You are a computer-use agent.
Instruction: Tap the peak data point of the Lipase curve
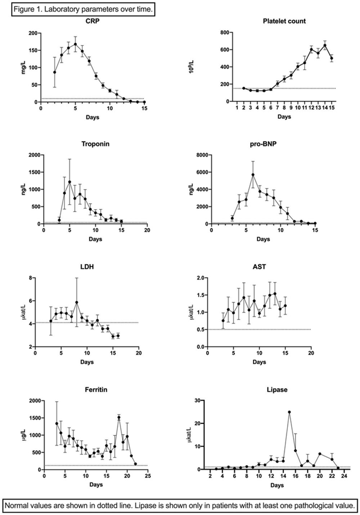[x=289, y=412]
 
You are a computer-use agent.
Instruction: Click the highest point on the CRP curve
[x=76, y=44]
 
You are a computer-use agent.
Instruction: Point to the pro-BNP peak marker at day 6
[x=253, y=175]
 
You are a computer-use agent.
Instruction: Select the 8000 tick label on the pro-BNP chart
[x=202, y=155]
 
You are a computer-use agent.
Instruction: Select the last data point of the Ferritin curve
[x=135, y=464]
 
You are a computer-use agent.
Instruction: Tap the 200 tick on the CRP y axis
[x=32, y=33]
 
